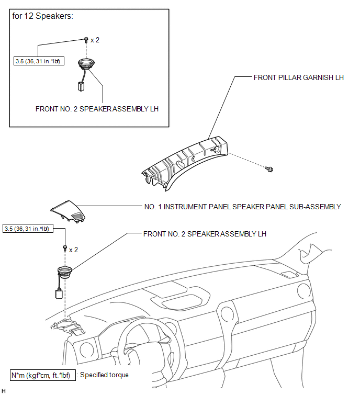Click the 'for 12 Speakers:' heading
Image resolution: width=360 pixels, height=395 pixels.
42,16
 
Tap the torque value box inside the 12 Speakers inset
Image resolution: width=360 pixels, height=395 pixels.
39,61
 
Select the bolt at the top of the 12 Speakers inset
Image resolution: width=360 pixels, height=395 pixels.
86,40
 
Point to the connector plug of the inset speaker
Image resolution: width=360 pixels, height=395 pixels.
81,86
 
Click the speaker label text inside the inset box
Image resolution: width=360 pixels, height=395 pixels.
97,109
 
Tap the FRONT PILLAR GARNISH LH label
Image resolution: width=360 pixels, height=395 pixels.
299,77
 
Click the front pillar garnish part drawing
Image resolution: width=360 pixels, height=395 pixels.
185,163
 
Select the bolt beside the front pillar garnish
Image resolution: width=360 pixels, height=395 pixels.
269,169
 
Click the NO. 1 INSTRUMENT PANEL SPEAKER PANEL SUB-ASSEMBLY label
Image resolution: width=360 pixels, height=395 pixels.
242,207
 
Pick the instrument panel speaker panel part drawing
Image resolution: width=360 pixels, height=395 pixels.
68,211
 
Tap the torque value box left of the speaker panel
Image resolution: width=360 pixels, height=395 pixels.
28,229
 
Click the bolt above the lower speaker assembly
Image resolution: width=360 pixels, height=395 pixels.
65,249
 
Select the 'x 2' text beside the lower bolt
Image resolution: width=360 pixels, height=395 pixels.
74,250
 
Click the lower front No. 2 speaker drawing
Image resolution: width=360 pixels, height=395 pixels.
65,273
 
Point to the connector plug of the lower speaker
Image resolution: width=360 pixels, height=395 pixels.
59,294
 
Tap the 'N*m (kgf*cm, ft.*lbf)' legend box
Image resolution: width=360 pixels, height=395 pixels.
43,375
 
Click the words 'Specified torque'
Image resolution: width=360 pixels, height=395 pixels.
104,375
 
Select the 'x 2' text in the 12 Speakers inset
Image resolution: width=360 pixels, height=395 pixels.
95,40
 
